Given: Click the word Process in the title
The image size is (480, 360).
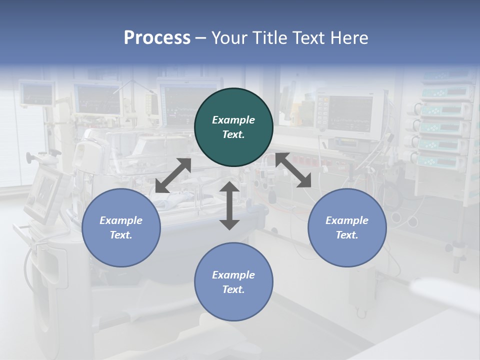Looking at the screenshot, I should pyautogui.click(x=157, y=38).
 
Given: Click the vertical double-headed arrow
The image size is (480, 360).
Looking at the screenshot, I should pyautogui.click(x=229, y=206).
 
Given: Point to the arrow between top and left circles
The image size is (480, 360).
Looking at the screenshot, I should pyautogui.click(x=173, y=175).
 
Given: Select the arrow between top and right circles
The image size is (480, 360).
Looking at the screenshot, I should pyautogui.click(x=293, y=170).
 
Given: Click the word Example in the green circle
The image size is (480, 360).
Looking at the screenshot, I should pyautogui.click(x=233, y=120).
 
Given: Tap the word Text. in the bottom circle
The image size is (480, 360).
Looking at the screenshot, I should pyautogui.click(x=233, y=289).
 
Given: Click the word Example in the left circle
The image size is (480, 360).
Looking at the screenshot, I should pyautogui.click(x=121, y=220).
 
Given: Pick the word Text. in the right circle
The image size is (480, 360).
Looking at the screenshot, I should pyautogui.click(x=347, y=235).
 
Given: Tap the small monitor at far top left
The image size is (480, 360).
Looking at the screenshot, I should pyautogui.click(x=37, y=93).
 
